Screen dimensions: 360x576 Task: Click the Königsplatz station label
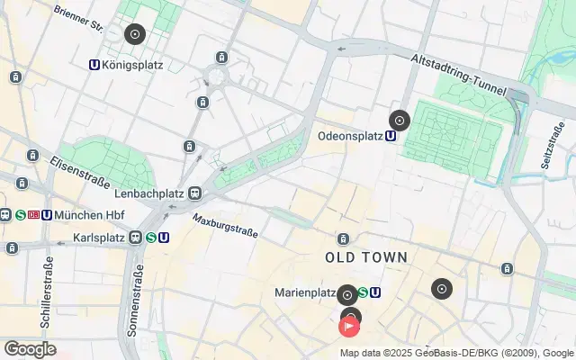click(x=132, y=65)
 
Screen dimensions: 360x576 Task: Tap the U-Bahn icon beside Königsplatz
click(x=94, y=65)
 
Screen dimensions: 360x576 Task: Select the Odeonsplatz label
click(x=350, y=137)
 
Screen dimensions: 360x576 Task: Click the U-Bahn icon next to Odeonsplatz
click(x=391, y=137)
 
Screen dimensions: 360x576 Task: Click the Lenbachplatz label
click(x=148, y=193)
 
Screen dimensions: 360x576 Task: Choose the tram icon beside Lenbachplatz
click(x=194, y=193)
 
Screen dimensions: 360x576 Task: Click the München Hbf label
click(x=89, y=215)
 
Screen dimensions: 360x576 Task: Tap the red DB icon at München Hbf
click(x=33, y=215)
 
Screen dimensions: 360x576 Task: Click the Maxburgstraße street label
click(x=225, y=225)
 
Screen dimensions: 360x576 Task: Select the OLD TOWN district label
click(x=366, y=257)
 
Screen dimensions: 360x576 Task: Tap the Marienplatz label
click(x=305, y=292)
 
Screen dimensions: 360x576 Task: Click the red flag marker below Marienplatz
click(x=349, y=326)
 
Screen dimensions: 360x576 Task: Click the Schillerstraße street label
click(x=48, y=291)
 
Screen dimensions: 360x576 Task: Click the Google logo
click(x=30, y=349)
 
